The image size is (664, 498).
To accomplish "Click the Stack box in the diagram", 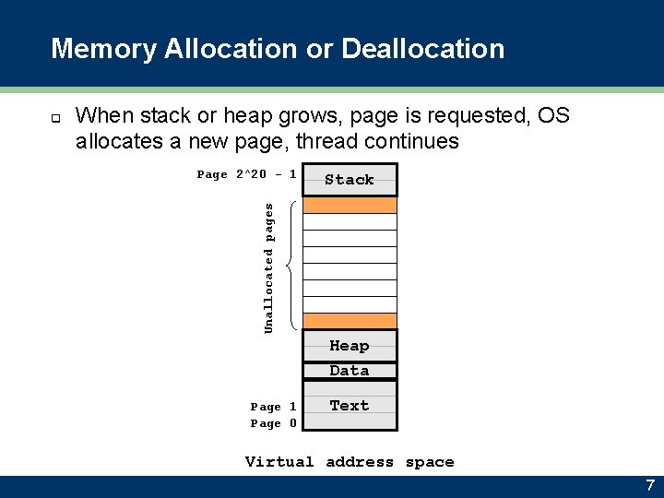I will tap(350, 180).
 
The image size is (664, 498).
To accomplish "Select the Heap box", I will tap(350, 346).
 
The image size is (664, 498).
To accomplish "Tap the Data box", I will tap(350, 371).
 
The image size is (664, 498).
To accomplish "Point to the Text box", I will tap(350, 406).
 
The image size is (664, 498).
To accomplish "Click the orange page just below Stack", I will tap(350, 205).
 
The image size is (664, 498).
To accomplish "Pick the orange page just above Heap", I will tap(350, 321).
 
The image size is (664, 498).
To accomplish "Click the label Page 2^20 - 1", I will tap(247, 174).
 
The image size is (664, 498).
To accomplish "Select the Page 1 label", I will tap(273, 407).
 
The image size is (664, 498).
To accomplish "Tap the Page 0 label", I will tap(273, 423).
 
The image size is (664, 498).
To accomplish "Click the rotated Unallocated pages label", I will tap(269, 268).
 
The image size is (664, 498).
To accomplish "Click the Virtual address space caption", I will tap(350, 462).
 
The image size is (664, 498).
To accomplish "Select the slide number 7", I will tap(649, 485).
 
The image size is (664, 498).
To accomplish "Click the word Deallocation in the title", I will tap(423, 48).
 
